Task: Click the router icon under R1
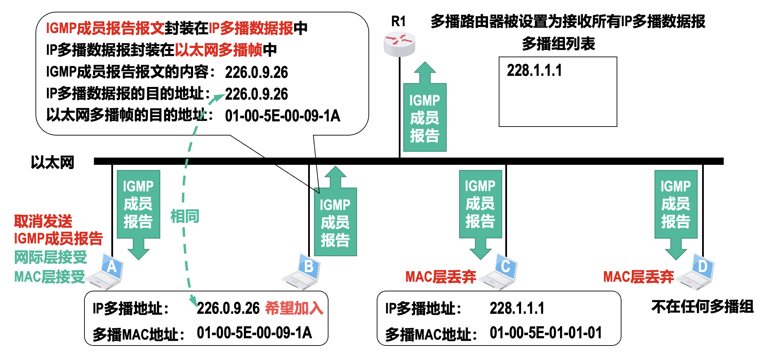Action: (399, 44)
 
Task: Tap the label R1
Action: (398, 21)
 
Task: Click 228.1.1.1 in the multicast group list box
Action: (534, 71)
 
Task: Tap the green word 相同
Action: (185, 217)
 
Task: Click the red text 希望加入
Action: (294, 308)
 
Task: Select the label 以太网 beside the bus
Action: (52, 162)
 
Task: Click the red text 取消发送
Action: (43, 221)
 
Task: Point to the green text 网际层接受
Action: (50, 257)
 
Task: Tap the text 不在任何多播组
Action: (702, 307)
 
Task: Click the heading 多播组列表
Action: (558, 44)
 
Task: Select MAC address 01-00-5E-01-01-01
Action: (546, 333)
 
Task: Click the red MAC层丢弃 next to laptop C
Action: (440, 277)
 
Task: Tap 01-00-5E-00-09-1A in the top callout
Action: (282, 116)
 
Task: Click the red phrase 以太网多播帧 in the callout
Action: (219, 50)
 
